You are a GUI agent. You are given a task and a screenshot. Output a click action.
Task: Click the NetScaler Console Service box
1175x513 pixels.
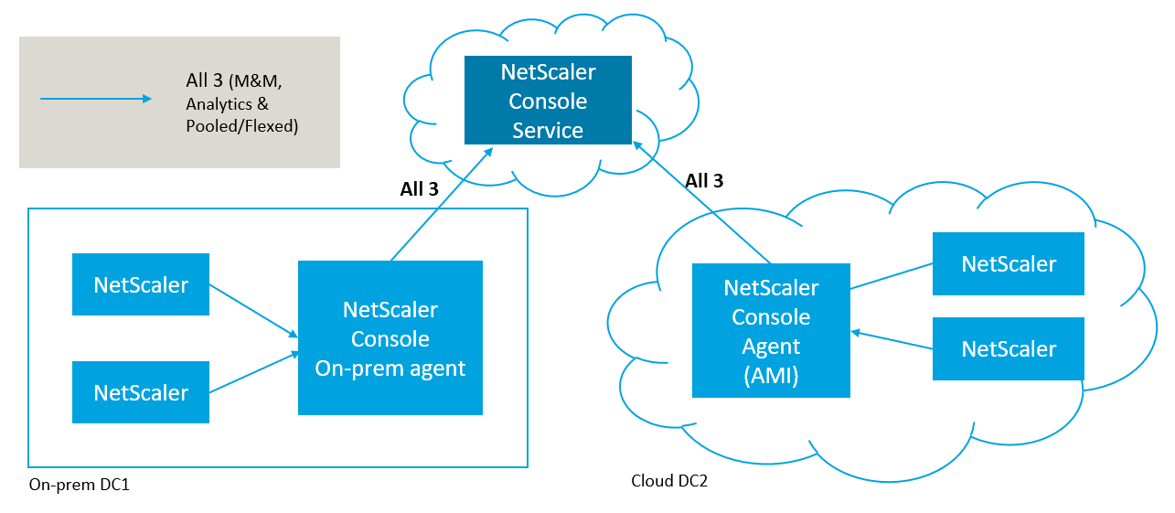548,101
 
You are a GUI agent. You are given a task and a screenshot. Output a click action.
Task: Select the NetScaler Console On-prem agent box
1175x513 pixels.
390,338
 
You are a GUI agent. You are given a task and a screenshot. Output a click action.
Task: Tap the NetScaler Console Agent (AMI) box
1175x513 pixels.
771,331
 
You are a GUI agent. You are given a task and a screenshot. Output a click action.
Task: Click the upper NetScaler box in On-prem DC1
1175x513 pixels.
141,284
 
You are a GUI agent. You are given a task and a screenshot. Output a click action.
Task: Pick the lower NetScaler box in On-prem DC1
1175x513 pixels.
141,392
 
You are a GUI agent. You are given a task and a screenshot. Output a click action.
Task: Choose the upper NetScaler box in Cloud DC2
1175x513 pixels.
1008,264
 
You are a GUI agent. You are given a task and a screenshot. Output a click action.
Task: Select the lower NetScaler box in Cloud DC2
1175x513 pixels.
1008,348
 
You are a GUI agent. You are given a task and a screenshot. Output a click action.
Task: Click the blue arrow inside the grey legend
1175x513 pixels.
96,99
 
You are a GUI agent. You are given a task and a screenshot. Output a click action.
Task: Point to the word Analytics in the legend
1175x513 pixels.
220,104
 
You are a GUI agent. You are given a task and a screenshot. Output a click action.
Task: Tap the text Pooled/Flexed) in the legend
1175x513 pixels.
241,126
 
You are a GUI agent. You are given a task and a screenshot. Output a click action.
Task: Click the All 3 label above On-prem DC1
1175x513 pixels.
419,189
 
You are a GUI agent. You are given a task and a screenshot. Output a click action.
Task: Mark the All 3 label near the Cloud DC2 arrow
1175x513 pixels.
704,181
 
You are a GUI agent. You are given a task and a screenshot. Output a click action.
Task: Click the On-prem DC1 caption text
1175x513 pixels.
80,485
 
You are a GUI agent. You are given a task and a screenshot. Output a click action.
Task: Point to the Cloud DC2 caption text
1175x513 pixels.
669,481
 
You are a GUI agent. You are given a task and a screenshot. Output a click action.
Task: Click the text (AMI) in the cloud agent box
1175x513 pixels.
771,376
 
